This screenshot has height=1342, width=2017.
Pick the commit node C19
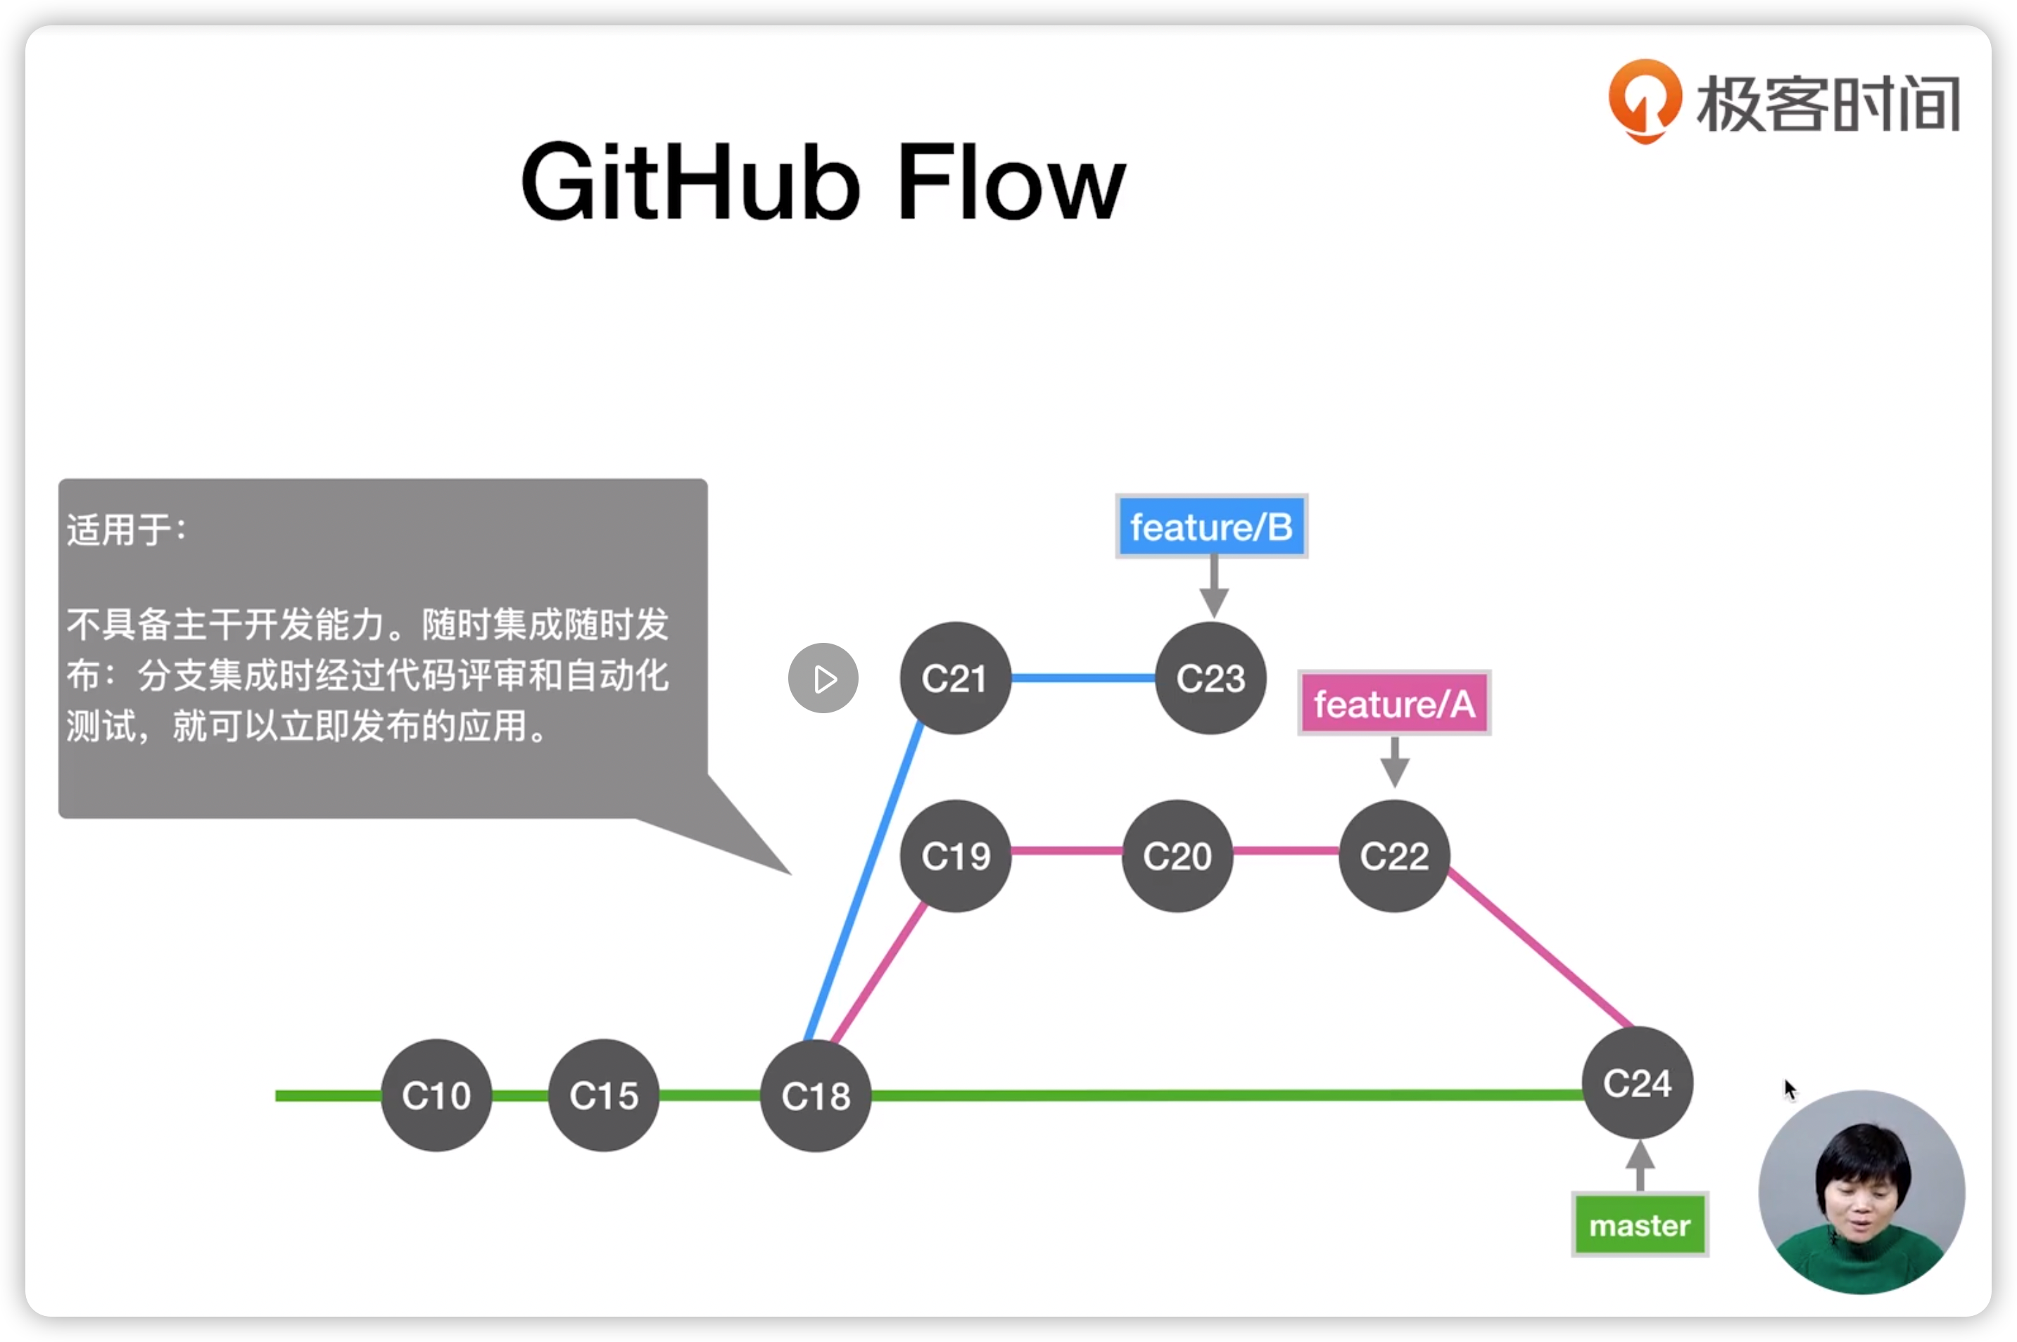[x=956, y=855]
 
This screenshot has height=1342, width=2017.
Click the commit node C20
[x=1177, y=855]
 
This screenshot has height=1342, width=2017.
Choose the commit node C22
[x=1395, y=855]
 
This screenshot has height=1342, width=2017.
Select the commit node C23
[x=1210, y=678]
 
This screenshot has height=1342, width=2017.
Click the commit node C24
[x=1637, y=1082]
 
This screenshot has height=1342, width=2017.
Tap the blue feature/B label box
[x=1211, y=526]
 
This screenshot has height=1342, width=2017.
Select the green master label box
[x=1640, y=1225]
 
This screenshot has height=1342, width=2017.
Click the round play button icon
[x=823, y=679]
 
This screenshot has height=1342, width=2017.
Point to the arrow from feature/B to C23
[x=1214, y=587]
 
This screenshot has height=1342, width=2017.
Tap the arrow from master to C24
[x=1640, y=1165]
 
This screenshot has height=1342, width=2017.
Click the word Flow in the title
[x=1010, y=181]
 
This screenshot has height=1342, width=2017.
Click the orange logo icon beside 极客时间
[x=1645, y=99]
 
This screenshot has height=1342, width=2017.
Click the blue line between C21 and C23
[x=1083, y=678]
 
